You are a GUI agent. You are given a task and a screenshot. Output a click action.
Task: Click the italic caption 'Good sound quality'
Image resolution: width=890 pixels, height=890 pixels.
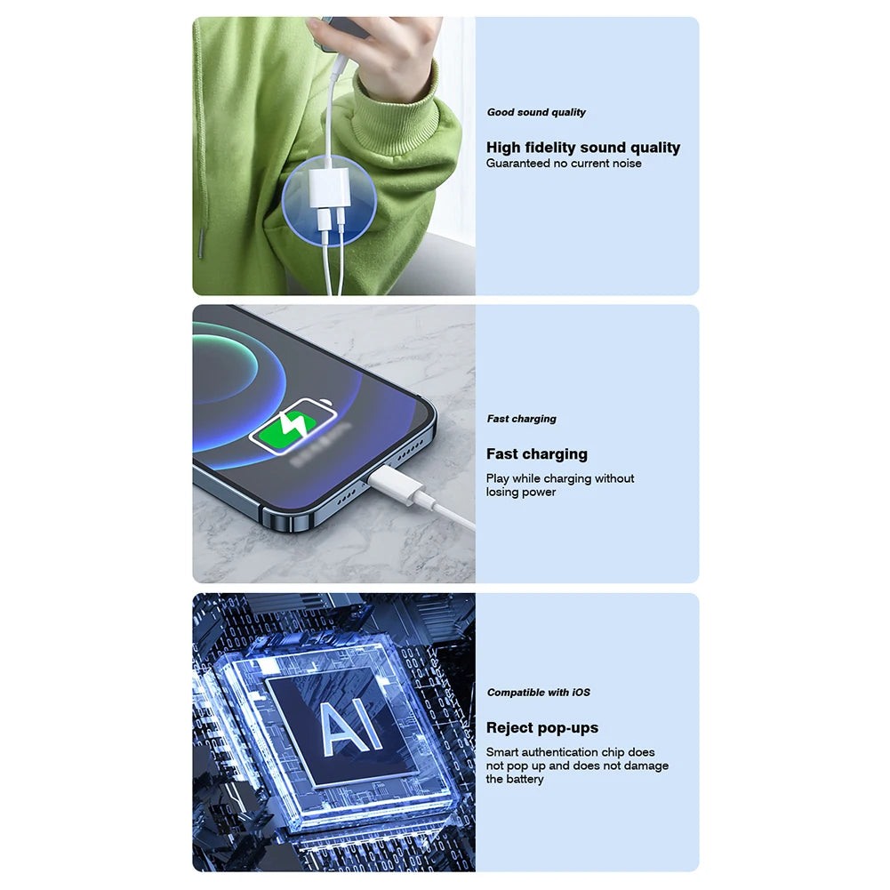(536, 113)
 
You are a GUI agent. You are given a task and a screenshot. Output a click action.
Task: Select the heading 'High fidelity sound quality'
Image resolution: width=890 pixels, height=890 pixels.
(582, 148)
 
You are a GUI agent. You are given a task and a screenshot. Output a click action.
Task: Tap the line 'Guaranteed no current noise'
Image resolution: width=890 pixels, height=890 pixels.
(563, 164)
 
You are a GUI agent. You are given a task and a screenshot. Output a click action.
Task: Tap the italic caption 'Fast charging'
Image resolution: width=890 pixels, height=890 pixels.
(521, 419)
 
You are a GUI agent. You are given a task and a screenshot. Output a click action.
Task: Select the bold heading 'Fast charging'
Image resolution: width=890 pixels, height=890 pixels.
(536, 454)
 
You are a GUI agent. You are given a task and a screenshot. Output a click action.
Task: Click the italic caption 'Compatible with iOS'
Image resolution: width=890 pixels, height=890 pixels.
(538, 693)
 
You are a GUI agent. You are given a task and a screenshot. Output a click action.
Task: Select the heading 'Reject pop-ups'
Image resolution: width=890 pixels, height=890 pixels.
(541, 728)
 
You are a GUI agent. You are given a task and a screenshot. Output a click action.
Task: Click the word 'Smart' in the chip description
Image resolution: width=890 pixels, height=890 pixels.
(502, 752)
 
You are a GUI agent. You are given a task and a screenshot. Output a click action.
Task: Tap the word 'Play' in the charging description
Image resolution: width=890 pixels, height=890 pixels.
(497, 478)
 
